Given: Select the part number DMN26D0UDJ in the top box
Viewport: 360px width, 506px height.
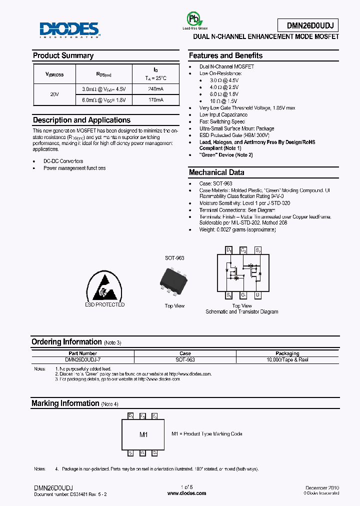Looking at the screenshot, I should click(307, 25).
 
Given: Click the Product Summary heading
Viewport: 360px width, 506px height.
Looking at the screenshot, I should click(63, 55).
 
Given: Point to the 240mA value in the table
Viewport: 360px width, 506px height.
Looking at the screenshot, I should click(155, 89).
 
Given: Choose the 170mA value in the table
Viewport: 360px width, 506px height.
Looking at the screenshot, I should click(155, 100).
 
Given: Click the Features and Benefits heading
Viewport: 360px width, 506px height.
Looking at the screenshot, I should click(225, 55).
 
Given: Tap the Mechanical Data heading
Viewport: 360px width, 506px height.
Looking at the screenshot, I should click(216, 172).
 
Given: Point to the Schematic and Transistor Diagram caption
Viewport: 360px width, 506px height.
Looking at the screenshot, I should click(241, 312).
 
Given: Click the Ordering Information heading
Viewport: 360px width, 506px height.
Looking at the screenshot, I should click(66, 342).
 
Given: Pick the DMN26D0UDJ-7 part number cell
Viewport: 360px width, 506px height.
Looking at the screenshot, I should click(83, 360).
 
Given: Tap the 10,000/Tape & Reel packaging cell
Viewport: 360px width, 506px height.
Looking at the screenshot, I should click(287, 360).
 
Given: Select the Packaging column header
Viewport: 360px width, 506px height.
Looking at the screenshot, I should click(287, 353).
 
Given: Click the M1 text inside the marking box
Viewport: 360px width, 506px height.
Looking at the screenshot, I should click(143, 435).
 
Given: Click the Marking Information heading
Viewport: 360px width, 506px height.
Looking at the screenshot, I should click(65, 403).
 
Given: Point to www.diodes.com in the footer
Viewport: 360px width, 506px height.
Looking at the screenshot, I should click(186, 493).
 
